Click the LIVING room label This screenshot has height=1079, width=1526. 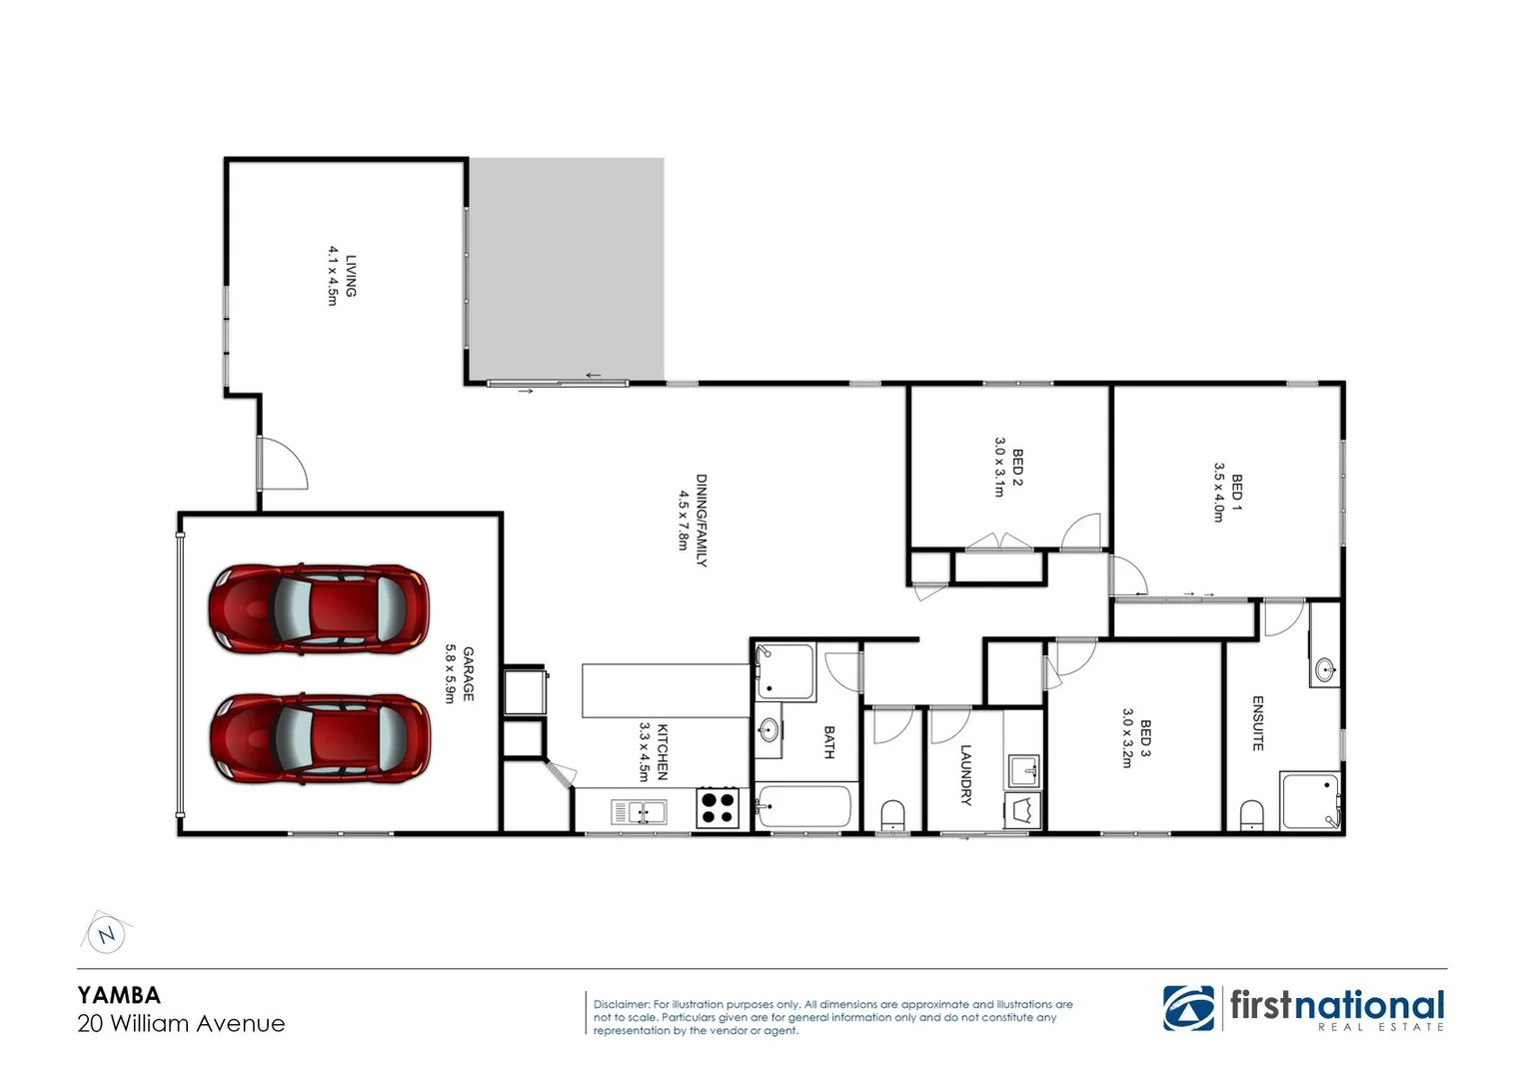(350, 276)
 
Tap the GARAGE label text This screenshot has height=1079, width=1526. (468, 674)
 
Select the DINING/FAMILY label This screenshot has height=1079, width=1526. (701, 520)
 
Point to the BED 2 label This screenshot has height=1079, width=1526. (1017, 467)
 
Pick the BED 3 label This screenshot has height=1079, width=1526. (1144, 738)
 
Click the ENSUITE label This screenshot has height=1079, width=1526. (1257, 723)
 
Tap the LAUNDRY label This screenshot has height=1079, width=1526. (965, 774)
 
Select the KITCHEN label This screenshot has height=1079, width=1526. (661, 751)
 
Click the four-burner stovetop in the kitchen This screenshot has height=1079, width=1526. (717, 807)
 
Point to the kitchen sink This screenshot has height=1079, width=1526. (638, 812)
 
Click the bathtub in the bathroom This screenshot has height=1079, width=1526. (804, 807)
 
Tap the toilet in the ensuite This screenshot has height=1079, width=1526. (1251, 814)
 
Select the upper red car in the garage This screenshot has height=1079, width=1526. (318, 608)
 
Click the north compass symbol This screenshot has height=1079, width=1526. (106, 935)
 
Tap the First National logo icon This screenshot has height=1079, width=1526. (1189, 1007)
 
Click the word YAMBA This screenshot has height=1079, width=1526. (119, 995)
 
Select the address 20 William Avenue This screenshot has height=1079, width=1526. (181, 1023)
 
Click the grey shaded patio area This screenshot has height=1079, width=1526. (567, 268)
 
